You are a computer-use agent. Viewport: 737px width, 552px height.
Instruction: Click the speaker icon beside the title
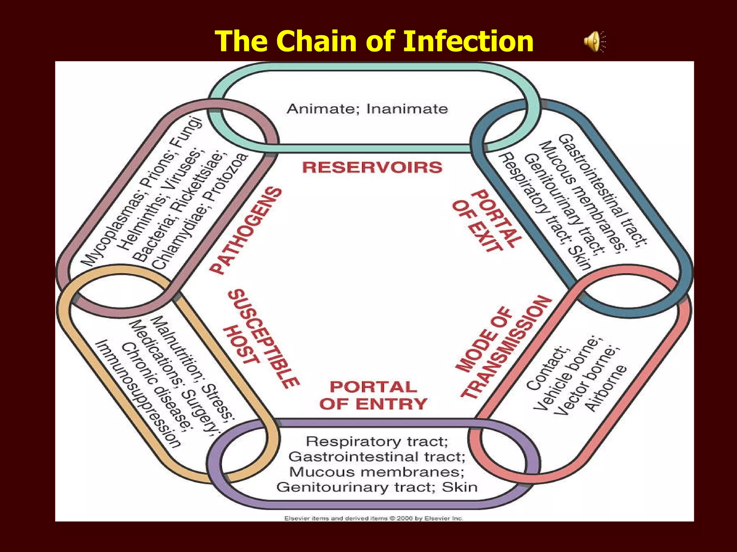594,41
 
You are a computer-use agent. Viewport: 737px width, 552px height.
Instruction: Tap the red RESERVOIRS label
372,167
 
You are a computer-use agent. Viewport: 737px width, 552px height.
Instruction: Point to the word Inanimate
407,109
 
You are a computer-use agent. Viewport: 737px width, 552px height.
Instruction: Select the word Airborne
606,388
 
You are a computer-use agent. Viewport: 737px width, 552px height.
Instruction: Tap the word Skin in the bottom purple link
460,487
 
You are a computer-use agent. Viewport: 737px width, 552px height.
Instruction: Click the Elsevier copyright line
374,518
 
